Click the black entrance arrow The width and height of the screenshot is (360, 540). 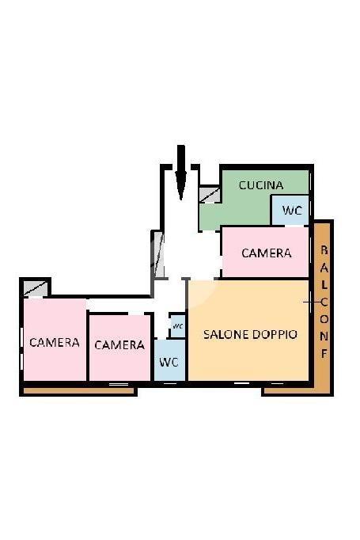tap(180, 172)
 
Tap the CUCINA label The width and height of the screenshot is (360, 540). tap(261, 185)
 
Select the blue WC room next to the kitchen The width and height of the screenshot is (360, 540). tap(290, 210)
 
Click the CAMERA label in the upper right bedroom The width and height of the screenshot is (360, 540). tap(267, 253)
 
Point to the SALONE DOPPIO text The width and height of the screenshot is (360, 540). tap(250, 334)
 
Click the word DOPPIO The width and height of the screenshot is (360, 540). tap(275, 334)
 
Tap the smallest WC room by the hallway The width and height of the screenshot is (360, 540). tap(178, 325)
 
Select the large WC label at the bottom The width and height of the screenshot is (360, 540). tap(169, 363)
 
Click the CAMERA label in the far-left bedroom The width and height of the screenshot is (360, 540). tap(55, 342)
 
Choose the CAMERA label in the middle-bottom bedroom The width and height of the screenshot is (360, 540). tap(119, 345)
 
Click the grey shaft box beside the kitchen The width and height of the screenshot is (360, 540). tap(209, 195)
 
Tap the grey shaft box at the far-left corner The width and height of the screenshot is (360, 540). tap(36, 288)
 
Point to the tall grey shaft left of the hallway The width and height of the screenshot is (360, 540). tap(158, 254)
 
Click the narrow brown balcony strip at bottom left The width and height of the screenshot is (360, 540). tap(79, 391)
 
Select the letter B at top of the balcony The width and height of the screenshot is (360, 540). tap(324, 250)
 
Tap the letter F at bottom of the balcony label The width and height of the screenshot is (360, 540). tap(324, 354)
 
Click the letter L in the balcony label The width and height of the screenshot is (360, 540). tap(324, 284)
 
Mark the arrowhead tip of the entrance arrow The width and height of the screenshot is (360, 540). tap(181, 200)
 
